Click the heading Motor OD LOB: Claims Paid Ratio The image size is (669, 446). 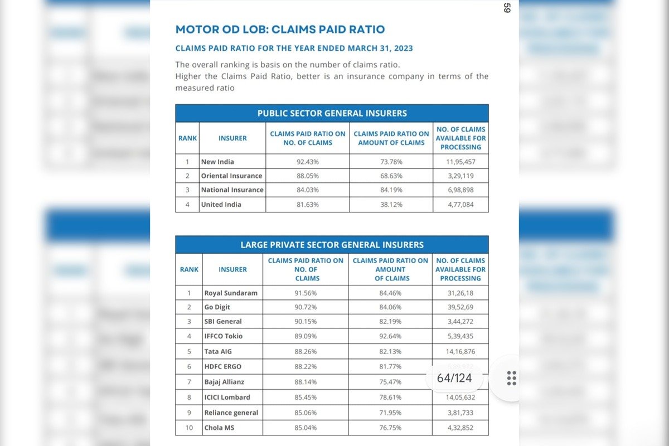tap(280, 30)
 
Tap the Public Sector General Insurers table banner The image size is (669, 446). tap(332, 113)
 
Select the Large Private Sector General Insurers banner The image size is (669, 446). tap(332, 245)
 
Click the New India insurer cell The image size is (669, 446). tap(217, 162)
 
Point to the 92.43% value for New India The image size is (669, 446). tap(308, 162)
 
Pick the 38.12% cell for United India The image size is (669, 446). tap(391, 205)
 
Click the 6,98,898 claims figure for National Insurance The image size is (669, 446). tap(460, 190)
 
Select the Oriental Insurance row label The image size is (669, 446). tap(231, 176)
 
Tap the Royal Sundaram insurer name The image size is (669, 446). tap(231, 293)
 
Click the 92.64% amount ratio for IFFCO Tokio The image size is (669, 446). tap(390, 336)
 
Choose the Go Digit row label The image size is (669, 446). tap(217, 307)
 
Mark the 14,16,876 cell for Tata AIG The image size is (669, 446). tap(460, 352)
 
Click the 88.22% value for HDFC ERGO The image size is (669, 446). tap(306, 366)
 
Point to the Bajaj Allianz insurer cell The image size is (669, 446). tap(224, 382)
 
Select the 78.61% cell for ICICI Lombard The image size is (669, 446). tap(390, 397)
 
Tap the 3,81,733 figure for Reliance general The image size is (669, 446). tap(460, 413)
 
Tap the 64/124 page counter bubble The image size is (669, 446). tap(454, 379)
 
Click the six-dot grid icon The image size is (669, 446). tap(511, 378)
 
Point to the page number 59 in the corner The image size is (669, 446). tap(507, 8)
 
